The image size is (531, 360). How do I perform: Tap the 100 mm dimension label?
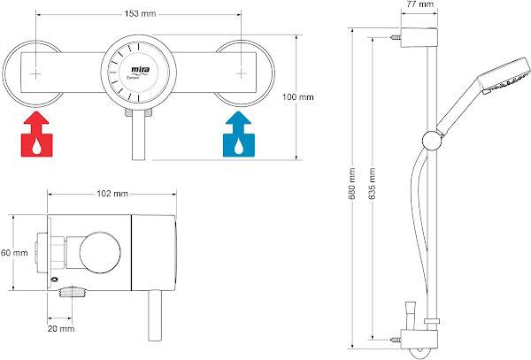(298, 97)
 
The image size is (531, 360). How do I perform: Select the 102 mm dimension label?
(111, 193)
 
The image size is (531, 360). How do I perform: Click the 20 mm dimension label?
(61, 328)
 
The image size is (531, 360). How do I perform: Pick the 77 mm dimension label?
(419, 5)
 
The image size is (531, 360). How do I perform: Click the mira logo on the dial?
(139, 68)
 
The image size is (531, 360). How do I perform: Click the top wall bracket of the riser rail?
(419, 36)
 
